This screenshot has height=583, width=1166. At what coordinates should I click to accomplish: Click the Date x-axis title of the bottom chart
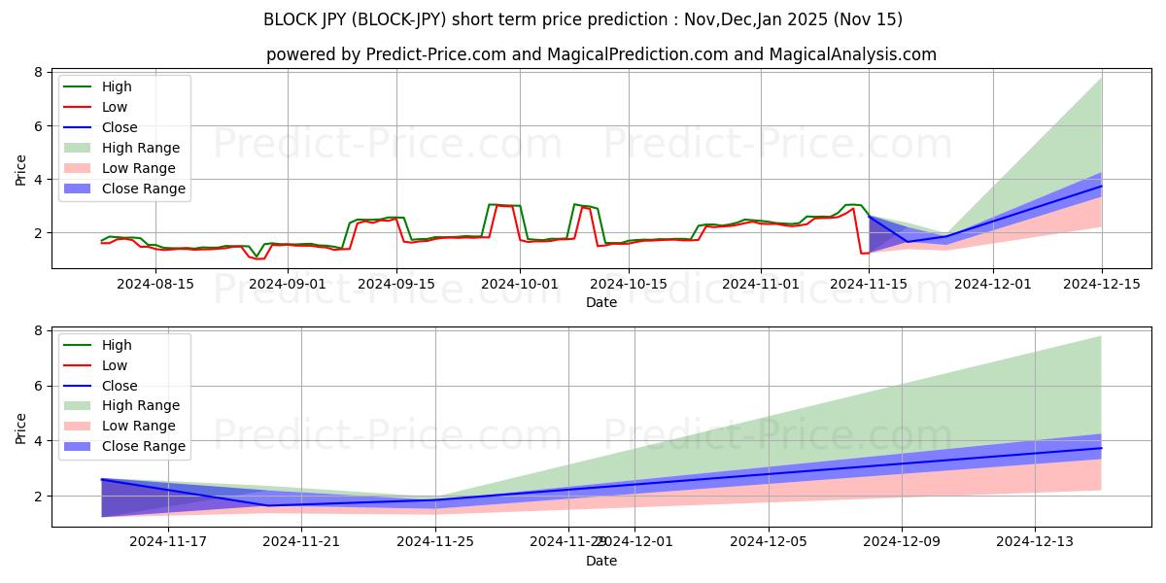[x=600, y=562]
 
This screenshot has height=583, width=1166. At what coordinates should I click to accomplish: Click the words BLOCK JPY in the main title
[x=306, y=19]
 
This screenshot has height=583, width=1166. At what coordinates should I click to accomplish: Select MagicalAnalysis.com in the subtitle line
[x=853, y=54]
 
